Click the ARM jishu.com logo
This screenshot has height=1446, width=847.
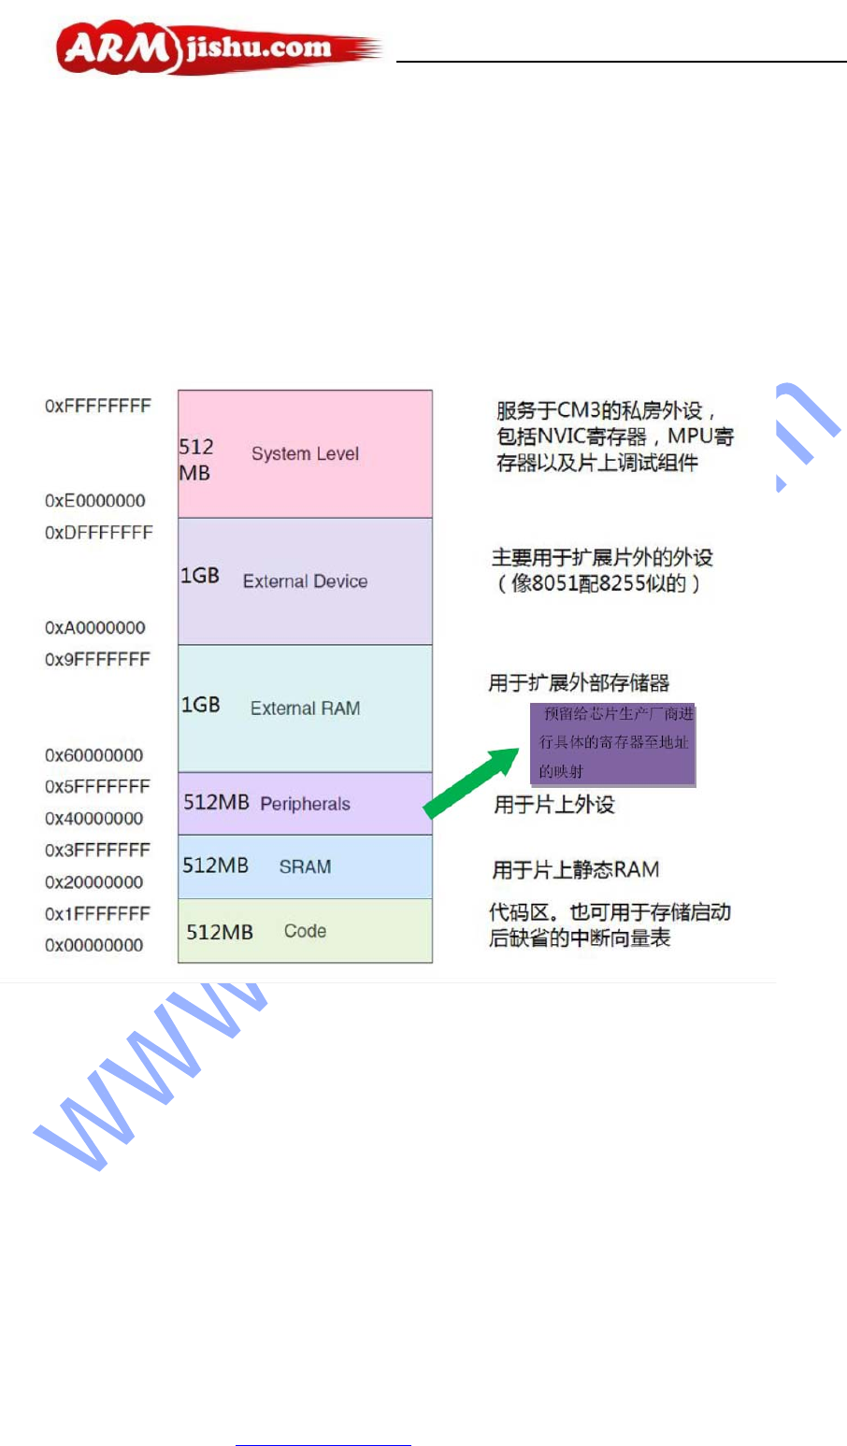(217, 49)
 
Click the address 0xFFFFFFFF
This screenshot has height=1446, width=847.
(98, 407)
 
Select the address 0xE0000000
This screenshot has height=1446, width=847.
(95, 501)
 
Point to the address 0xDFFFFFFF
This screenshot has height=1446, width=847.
(98, 533)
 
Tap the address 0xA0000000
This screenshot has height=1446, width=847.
(95, 628)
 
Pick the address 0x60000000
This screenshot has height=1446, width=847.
(94, 755)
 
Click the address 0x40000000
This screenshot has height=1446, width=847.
(94, 819)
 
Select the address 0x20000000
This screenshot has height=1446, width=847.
(94, 882)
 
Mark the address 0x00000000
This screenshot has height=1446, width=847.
(94, 946)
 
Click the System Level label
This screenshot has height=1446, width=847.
(305, 454)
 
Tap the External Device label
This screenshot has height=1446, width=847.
(305, 581)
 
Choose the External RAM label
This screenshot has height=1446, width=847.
(305, 709)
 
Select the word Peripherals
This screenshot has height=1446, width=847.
(305, 804)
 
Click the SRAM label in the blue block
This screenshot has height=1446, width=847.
(305, 867)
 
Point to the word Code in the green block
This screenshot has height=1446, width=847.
(305, 931)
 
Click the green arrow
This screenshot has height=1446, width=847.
(471, 782)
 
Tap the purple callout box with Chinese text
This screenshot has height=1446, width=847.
(613, 744)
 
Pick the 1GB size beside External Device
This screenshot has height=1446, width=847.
(200, 576)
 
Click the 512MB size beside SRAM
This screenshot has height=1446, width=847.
(215, 866)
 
